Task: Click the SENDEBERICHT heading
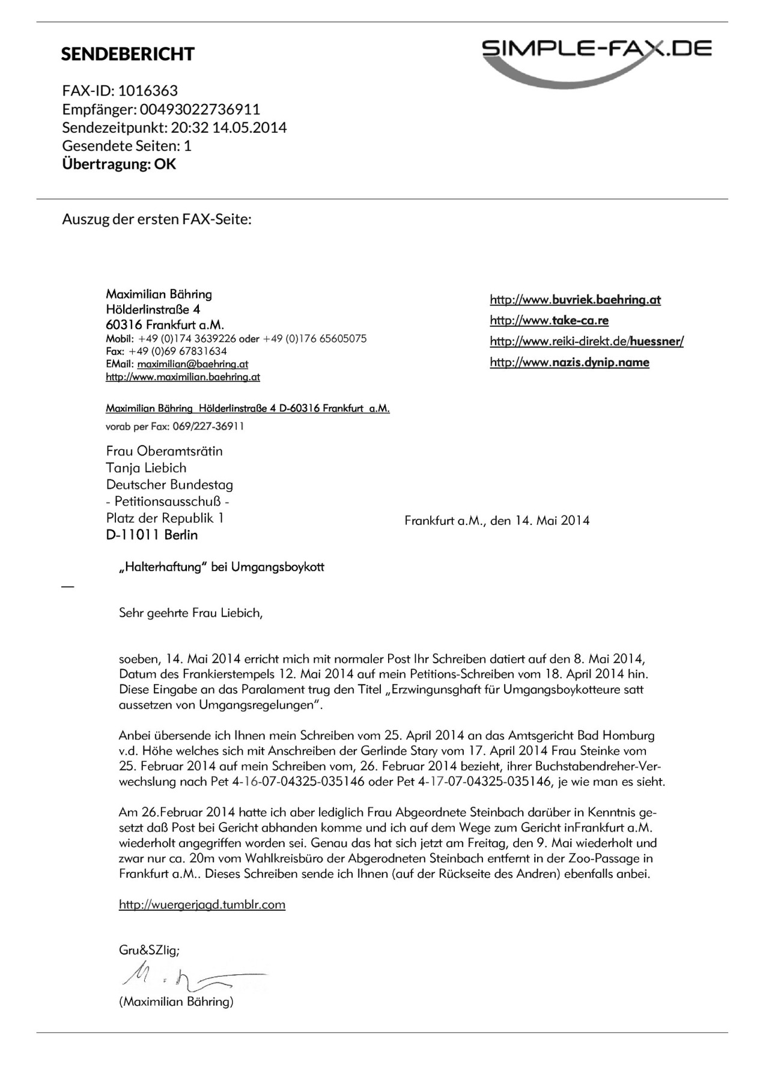(x=127, y=54)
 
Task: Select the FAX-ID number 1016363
(x=148, y=91)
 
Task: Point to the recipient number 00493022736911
(x=200, y=109)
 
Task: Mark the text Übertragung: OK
(x=119, y=164)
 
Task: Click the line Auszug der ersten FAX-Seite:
(x=156, y=219)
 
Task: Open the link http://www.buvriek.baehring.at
(x=575, y=300)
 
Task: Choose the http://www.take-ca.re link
(x=549, y=320)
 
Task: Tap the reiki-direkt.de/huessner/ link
(x=586, y=341)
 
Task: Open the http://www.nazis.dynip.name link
(x=569, y=362)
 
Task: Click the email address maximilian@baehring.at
(x=192, y=364)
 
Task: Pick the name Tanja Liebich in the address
(x=146, y=468)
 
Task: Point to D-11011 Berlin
(x=151, y=535)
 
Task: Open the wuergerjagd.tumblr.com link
(x=202, y=905)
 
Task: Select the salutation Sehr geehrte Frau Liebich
(x=190, y=613)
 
